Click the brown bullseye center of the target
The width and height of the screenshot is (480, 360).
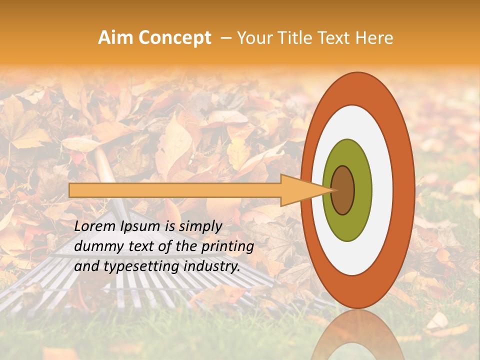click(x=342, y=190)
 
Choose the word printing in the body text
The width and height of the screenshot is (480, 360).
click(x=227, y=247)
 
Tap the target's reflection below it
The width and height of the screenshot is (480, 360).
click(x=357, y=335)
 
